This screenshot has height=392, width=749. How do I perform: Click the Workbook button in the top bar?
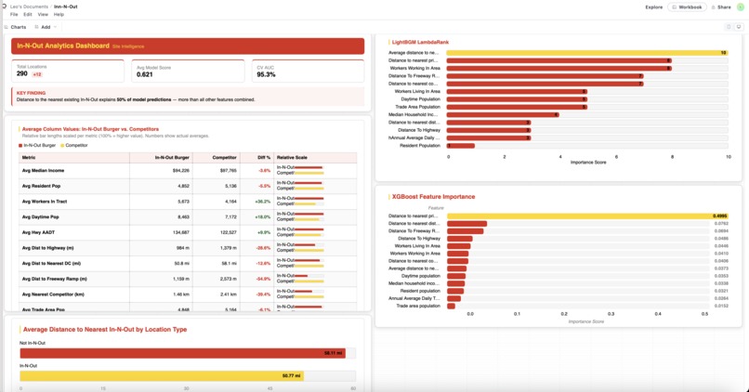tap(687, 7)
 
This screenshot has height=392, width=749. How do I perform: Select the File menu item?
tap(14, 15)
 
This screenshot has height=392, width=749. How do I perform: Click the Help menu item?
tap(59, 15)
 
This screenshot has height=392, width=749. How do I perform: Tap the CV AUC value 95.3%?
tap(266, 74)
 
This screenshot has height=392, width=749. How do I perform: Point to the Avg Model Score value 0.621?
tap(145, 74)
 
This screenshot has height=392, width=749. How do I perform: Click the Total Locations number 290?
tap(22, 73)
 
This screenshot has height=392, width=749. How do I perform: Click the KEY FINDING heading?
tap(31, 93)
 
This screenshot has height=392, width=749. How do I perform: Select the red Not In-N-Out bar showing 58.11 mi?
tap(182, 353)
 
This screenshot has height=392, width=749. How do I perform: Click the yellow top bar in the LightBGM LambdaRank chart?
tap(586, 53)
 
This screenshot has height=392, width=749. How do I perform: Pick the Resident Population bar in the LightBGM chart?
tap(461, 146)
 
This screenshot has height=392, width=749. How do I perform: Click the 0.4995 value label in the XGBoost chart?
tap(719, 216)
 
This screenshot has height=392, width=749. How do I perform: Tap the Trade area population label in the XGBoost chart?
tap(417, 306)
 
